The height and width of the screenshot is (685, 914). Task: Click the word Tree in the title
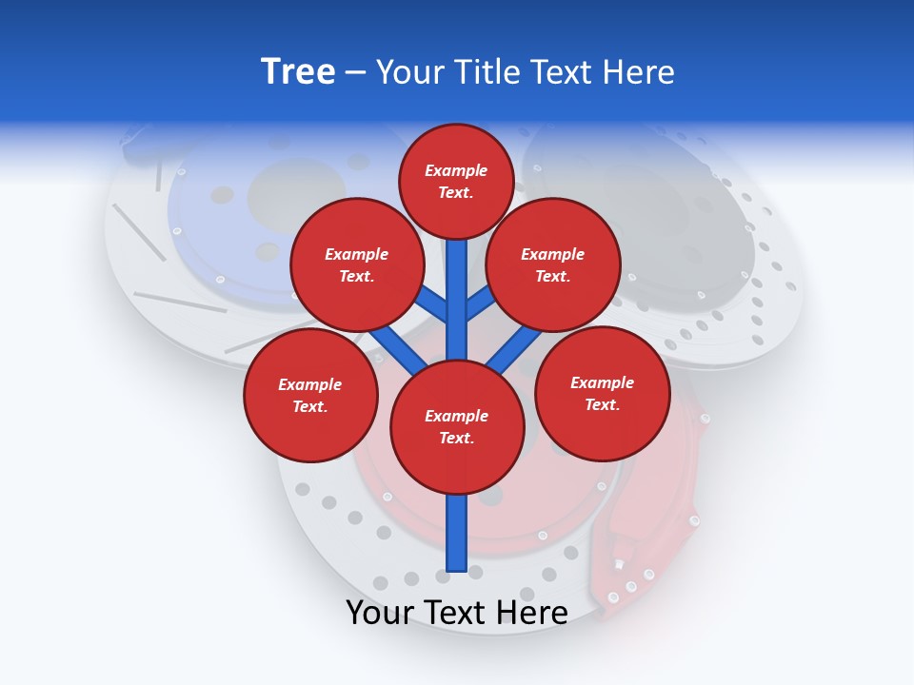298,72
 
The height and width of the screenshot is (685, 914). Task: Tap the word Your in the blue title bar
411,72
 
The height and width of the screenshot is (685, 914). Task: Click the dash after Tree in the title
356,73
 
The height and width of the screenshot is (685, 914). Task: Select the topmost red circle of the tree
456,181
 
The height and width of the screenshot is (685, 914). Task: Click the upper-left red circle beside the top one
357,264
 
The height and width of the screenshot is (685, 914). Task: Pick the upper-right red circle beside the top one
553,264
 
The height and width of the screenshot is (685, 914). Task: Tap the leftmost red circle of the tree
310,395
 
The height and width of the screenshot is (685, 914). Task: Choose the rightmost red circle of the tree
602,393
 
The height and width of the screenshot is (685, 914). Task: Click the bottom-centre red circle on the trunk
457,427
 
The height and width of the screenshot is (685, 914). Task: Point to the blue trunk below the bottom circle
457,533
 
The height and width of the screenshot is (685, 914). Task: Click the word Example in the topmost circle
456,170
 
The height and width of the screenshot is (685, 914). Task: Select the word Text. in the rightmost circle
602,404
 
